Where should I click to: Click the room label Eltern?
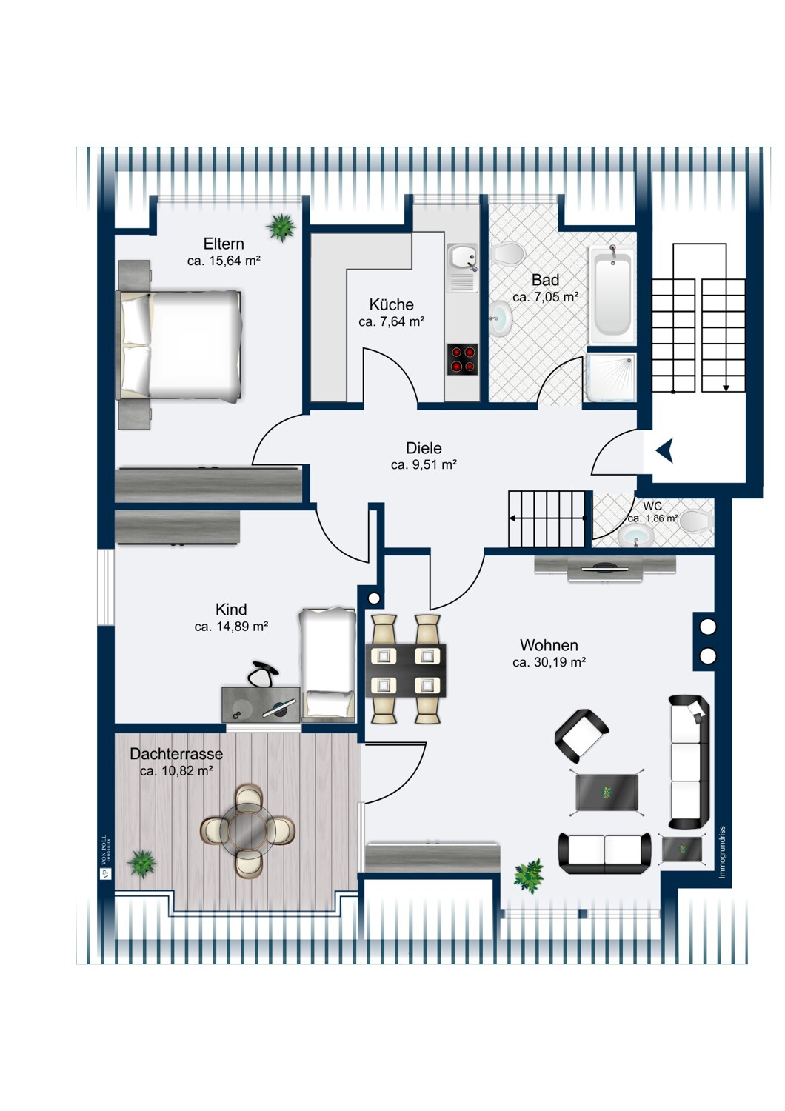224,244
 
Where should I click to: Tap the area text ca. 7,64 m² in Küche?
391,322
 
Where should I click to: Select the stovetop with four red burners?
462,359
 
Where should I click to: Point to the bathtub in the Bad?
612,295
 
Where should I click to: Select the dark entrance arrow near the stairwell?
664,450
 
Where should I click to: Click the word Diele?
424,448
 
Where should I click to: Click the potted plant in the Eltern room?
281,227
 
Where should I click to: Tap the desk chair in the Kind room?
262,674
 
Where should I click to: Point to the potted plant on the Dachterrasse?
141,864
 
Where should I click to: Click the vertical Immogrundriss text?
722,852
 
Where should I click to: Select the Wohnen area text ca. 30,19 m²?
549,663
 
